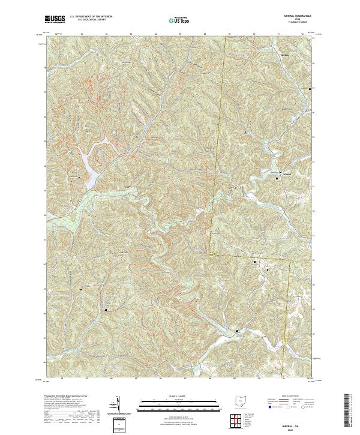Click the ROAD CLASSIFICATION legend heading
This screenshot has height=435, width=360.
coord(285,397)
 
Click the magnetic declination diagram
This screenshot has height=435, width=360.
coord(118,405)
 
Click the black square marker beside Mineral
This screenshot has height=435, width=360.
coord(277,178)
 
